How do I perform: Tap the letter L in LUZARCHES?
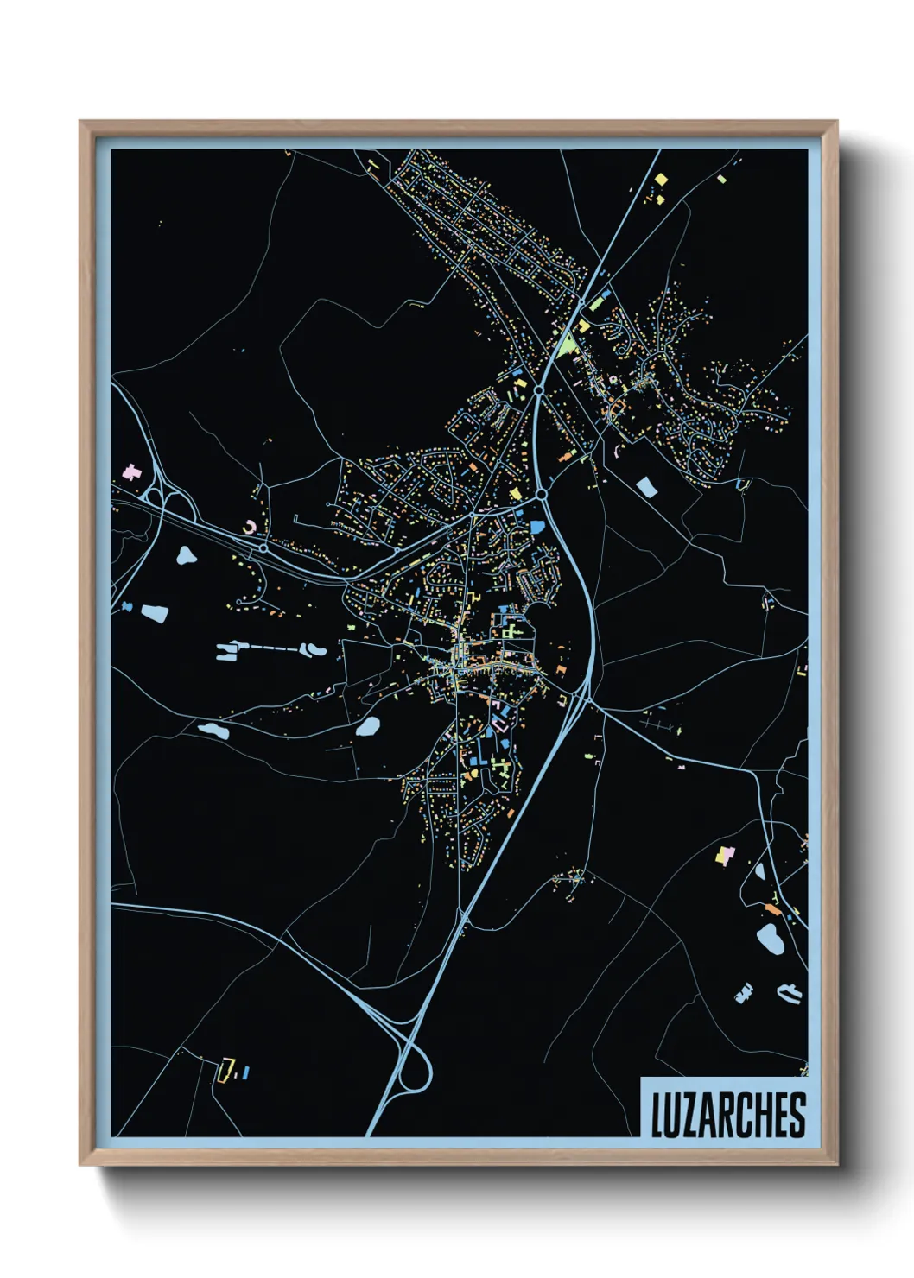pos(656,1116)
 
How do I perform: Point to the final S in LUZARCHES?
pos(797,1116)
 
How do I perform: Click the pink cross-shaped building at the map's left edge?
pos(130,471)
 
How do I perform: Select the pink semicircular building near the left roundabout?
pos(251,525)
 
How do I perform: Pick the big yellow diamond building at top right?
pos(661,180)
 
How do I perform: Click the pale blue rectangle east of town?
pos(646,487)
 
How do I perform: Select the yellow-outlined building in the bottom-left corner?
pos(228,1069)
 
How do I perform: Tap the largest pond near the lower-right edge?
pos(769,939)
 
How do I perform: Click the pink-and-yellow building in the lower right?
pos(725,856)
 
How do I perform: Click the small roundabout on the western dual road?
pos(263,547)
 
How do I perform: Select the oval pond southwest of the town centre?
pos(369,727)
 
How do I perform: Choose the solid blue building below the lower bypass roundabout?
pos(537,526)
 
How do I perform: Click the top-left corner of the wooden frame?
pos(81,123)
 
